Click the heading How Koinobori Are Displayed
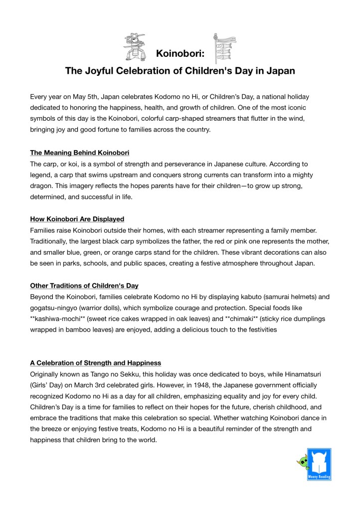coord(77,219)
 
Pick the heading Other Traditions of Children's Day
coord(84,286)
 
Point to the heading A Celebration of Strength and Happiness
coord(95,363)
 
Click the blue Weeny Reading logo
coord(319,464)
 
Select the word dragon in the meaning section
coord(41,185)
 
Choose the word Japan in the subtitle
coord(280,71)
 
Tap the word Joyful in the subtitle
coord(100,71)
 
